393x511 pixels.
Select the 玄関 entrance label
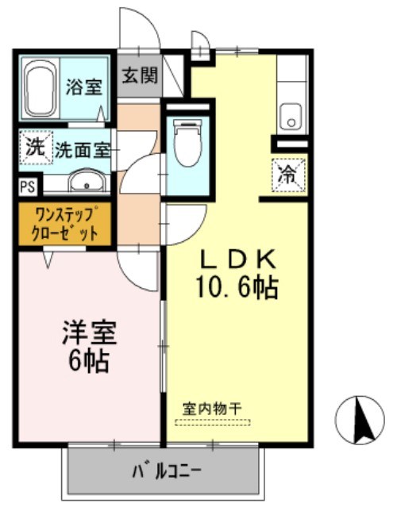point(140,76)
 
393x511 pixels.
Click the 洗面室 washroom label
point(82,148)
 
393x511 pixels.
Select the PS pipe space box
point(26,187)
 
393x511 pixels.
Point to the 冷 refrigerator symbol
point(287,174)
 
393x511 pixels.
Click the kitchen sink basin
point(291,117)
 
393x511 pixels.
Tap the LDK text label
point(236,259)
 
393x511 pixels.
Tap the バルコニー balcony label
point(165,471)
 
